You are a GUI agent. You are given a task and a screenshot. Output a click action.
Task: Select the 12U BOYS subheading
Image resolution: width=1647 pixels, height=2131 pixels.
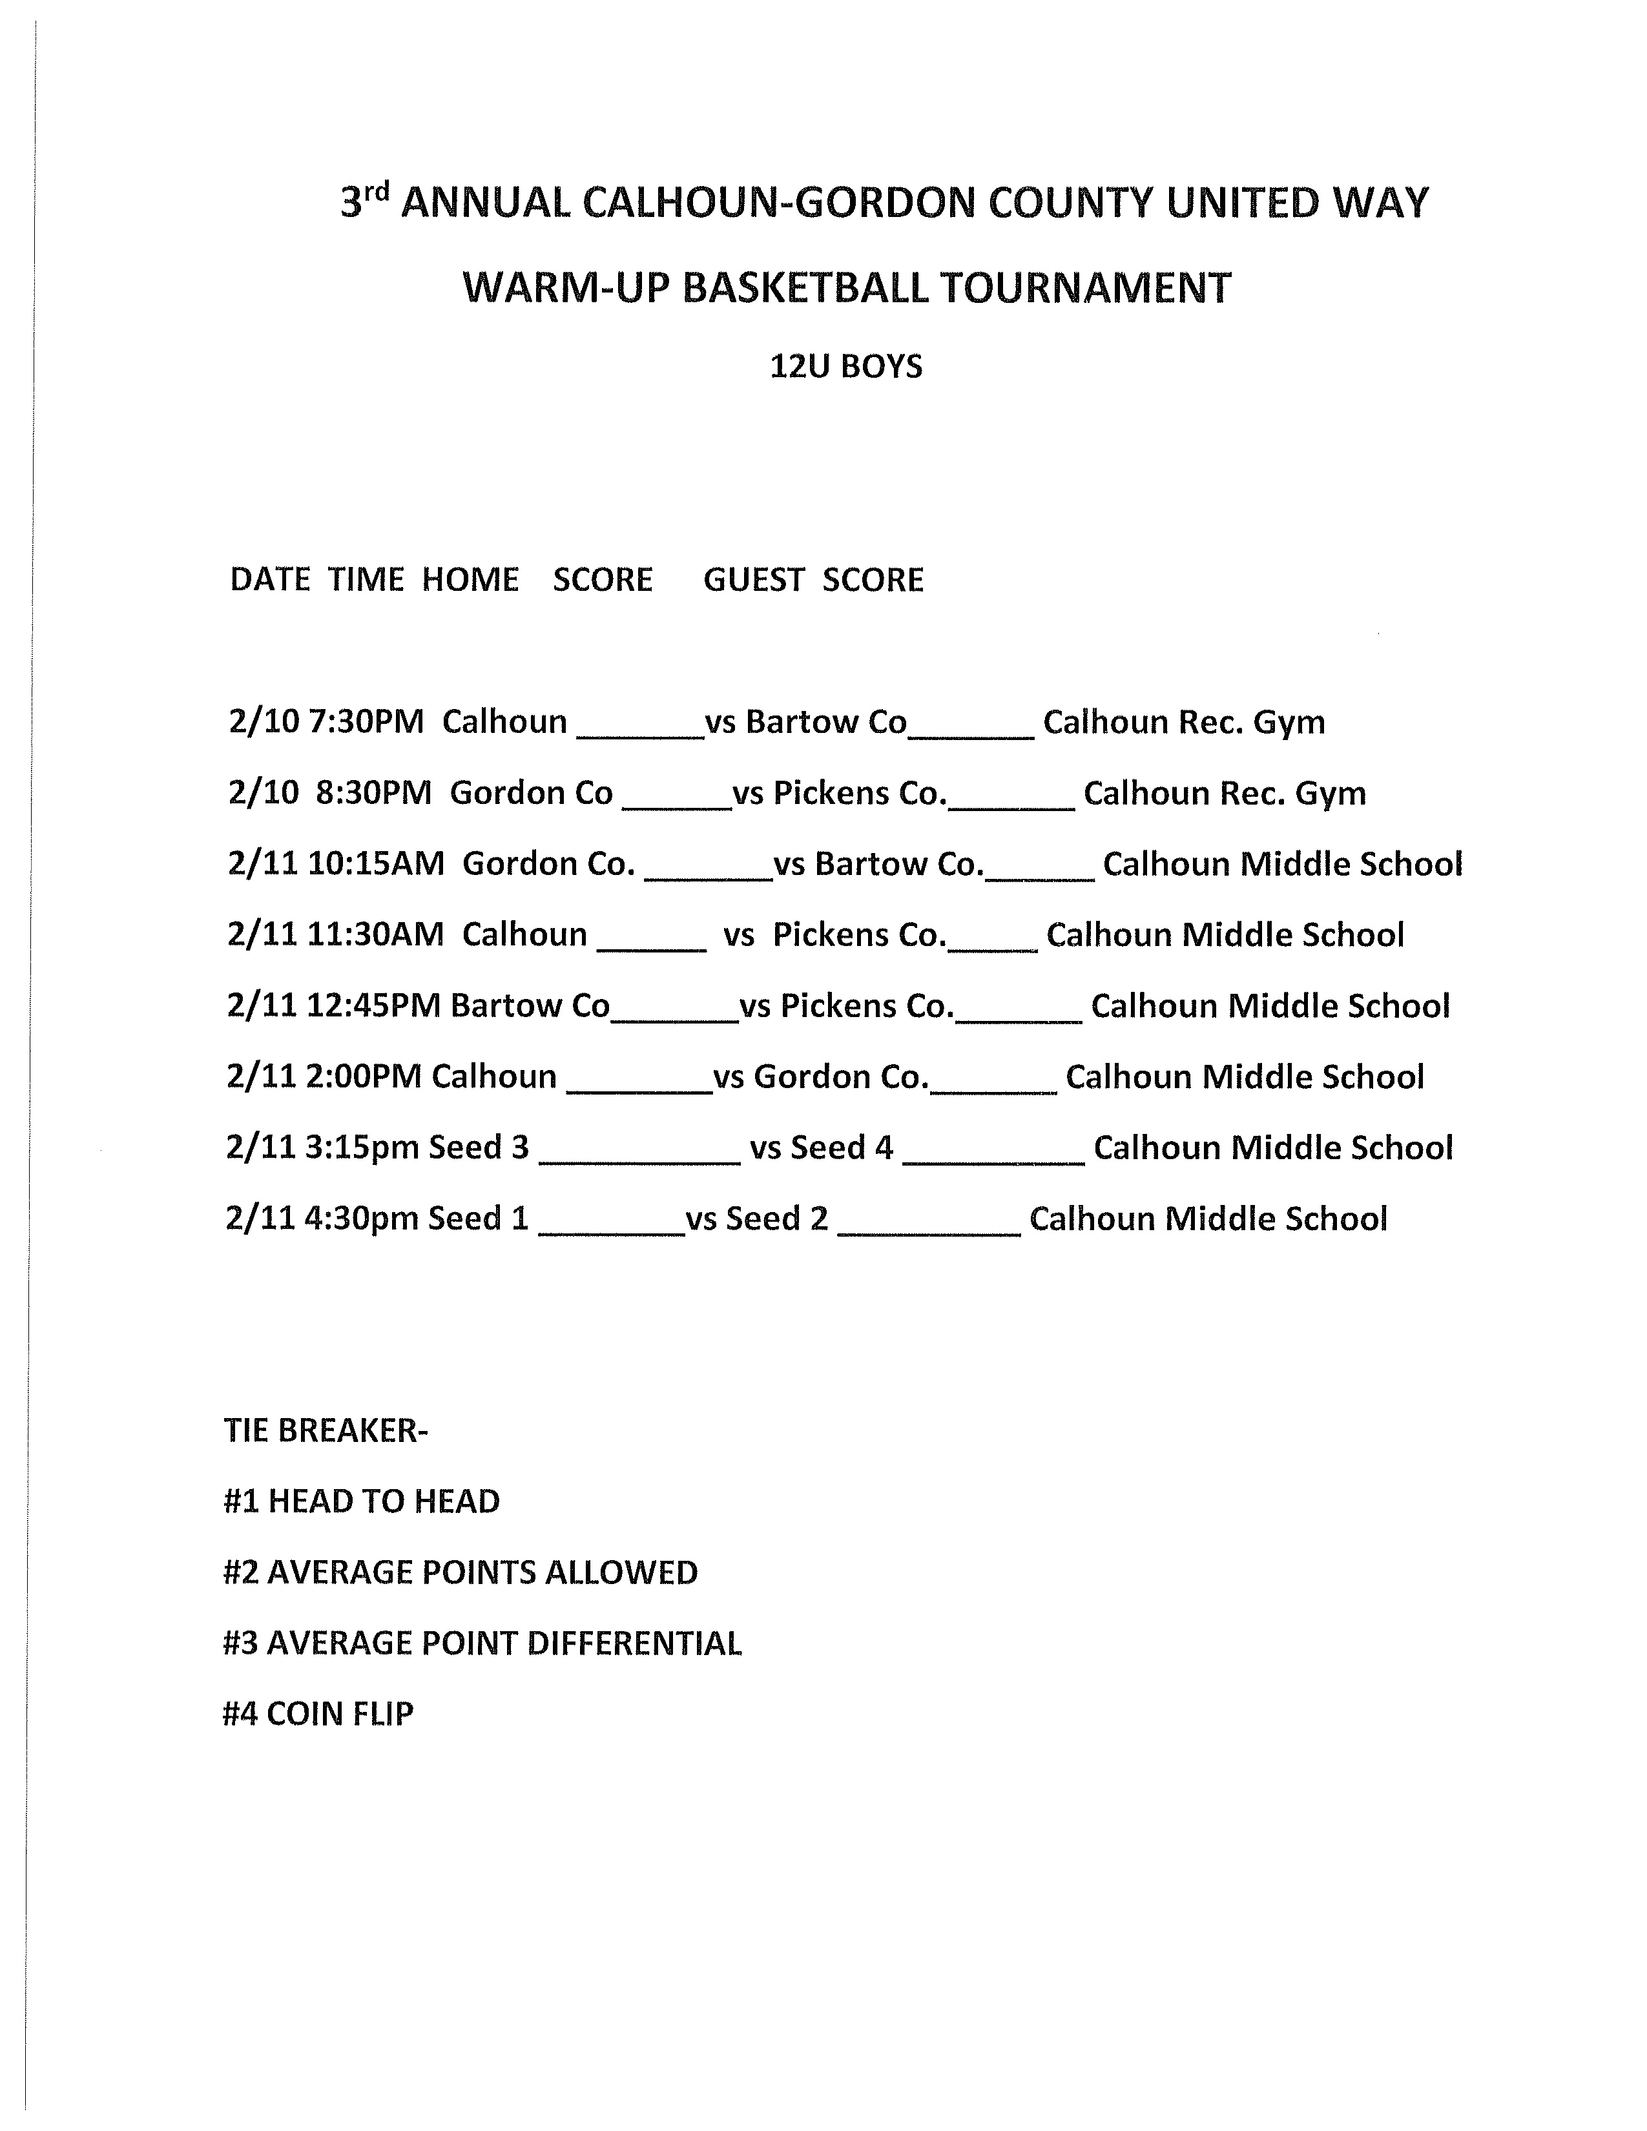(x=846, y=367)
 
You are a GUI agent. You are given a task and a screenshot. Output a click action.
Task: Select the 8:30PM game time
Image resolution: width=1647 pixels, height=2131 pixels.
(x=373, y=792)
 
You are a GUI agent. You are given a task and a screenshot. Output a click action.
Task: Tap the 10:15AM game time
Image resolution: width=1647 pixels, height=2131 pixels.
(x=376, y=863)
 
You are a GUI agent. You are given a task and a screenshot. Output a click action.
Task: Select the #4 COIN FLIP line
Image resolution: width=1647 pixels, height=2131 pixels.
(x=318, y=1713)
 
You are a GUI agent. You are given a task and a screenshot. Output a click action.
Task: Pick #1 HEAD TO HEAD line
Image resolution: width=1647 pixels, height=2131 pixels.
(x=361, y=1501)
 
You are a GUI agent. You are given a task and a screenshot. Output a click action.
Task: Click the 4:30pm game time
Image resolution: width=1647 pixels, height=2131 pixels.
(x=362, y=1219)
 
